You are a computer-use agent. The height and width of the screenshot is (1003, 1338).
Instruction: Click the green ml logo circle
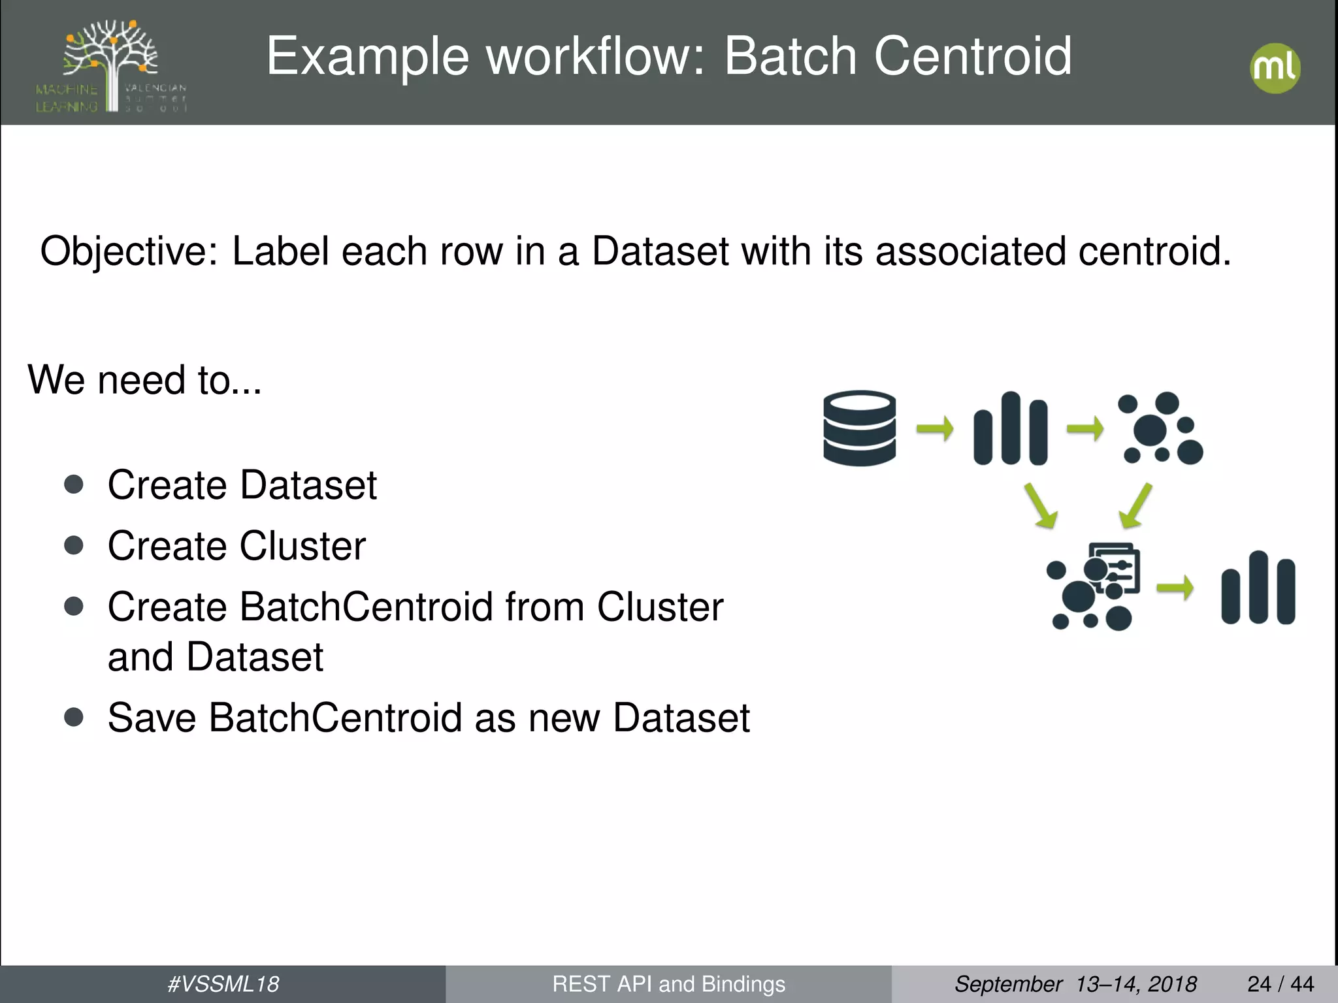click(1275, 68)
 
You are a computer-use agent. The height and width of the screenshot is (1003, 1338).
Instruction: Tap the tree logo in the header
click(111, 65)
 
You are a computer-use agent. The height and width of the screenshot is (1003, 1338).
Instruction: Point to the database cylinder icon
click(859, 428)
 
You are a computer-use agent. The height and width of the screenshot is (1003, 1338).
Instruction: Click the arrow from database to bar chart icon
click(934, 429)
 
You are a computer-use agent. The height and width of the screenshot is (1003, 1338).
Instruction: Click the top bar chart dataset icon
click(1010, 428)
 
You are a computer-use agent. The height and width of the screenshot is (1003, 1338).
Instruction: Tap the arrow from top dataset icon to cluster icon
click(1085, 429)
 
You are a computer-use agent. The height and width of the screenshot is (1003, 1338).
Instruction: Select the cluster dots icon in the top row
click(1160, 428)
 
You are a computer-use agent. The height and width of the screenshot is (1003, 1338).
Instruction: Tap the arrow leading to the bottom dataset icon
click(1175, 588)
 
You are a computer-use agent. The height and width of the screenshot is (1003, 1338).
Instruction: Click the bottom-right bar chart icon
click(1258, 588)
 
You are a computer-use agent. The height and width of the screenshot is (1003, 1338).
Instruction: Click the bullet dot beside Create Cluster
click(74, 545)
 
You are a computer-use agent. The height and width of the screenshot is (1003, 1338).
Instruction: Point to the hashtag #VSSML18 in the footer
click(223, 984)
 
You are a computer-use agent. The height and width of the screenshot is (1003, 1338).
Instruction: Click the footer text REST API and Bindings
click(668, 984)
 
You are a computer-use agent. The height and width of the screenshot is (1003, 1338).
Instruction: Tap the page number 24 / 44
click(1280, 984)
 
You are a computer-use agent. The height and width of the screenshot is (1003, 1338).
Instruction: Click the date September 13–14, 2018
click(1075, 984)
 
